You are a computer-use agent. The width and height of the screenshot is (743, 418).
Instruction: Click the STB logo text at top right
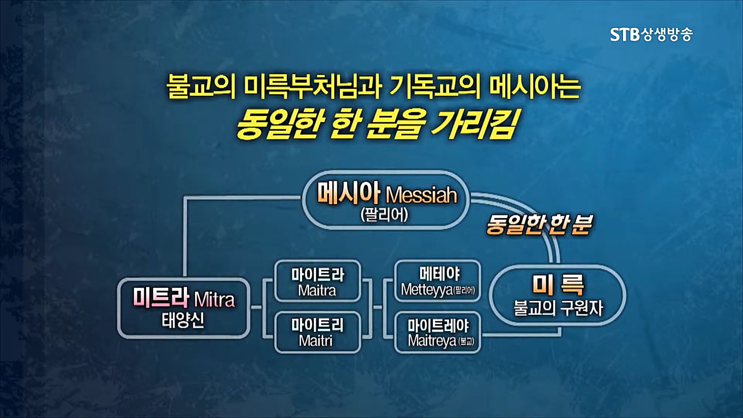pos(625,34)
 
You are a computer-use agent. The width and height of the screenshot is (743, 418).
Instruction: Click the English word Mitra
pos(214,300)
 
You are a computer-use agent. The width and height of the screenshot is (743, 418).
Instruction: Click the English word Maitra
pos(317,291)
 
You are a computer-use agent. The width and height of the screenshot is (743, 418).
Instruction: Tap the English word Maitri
pos(316,341)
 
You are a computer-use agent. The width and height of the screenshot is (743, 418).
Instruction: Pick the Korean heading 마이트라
pos(317,274)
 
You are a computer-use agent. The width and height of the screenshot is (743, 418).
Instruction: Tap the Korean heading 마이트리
pos(317,325)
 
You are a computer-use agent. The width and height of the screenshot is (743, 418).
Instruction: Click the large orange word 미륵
pos(558,285)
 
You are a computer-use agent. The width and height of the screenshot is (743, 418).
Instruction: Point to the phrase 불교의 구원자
pos(558,309)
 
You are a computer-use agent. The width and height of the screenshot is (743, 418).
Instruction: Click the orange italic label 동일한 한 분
pos(538,225)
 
